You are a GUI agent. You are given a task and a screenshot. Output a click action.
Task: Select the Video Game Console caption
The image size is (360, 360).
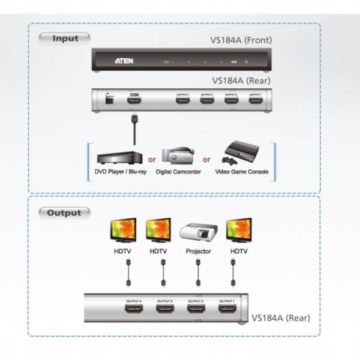(x=242, y=172)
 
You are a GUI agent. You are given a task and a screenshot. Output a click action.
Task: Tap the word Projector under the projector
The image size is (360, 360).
(x=197, y=251)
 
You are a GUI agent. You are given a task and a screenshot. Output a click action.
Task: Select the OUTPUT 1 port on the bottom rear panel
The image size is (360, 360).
(x=227, y=310)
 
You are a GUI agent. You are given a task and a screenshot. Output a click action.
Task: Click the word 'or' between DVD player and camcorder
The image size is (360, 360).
(x=152, y=160)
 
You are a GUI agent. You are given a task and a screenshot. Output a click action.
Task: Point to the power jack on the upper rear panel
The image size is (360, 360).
(x=109, y=101)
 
